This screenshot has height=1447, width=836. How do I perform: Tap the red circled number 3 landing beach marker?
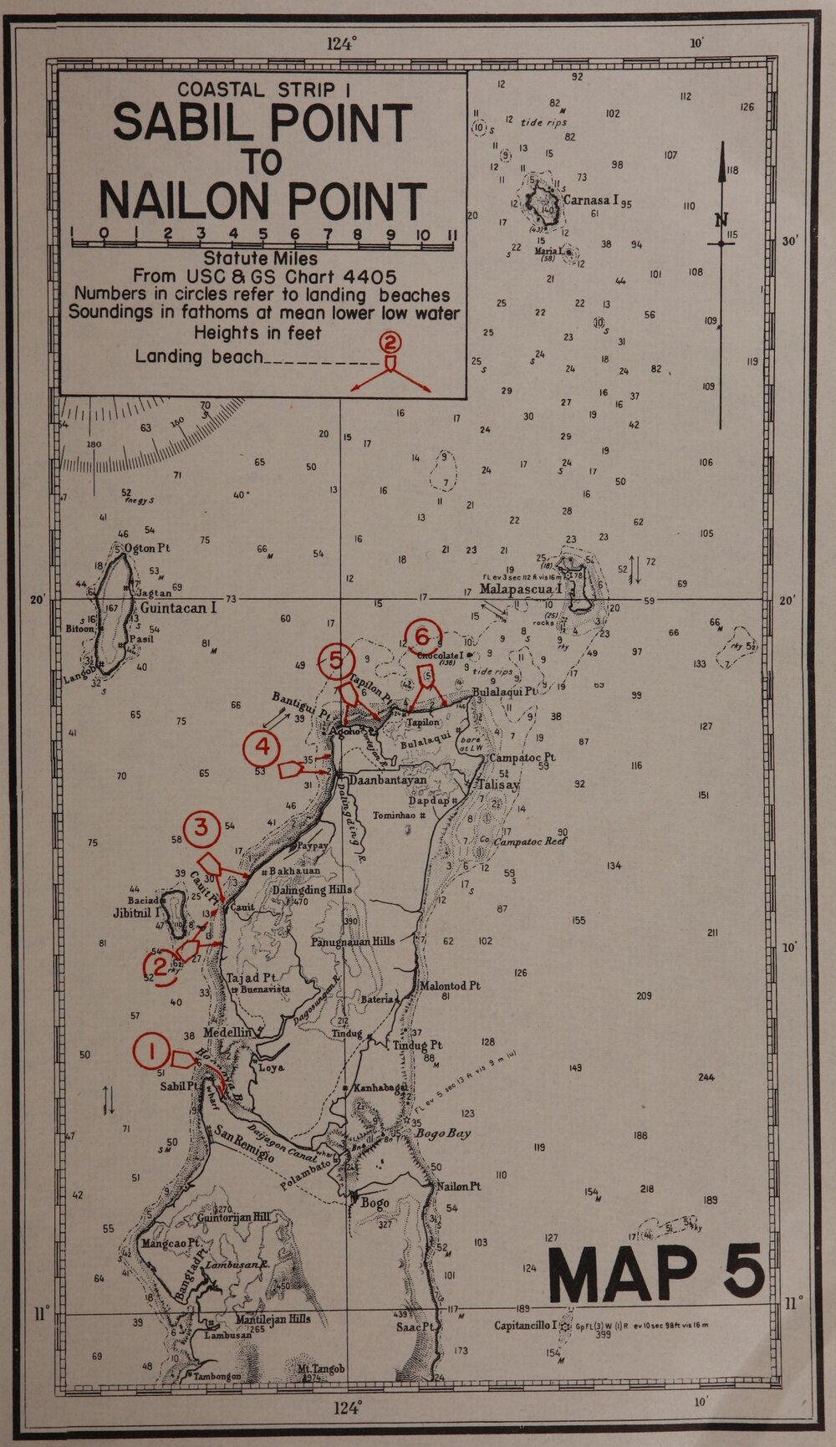(201, 827)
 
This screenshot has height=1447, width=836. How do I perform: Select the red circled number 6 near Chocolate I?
(421, 633)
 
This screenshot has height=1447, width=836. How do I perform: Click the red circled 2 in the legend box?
(390, 340)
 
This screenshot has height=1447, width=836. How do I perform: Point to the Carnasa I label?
(590, 201)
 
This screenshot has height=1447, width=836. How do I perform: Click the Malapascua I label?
(522, 589)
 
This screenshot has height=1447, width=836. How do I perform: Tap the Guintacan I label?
(178, 608)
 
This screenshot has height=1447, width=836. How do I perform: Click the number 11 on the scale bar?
(450, 234)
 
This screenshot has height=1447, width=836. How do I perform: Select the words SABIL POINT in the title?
(263, 123)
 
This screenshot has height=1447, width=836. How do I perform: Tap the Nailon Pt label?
(458, 1186)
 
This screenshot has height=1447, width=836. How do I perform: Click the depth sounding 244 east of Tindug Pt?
(706, 1077)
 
